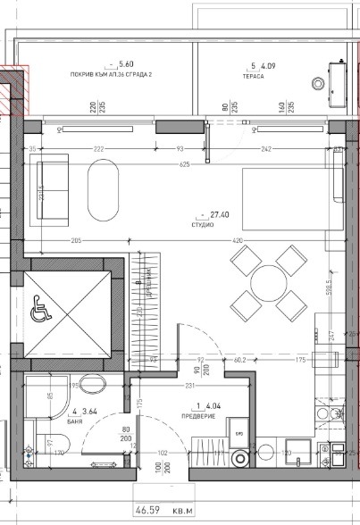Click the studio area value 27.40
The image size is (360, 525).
tap(221, 214)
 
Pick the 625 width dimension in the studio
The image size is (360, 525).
tap(183, 164)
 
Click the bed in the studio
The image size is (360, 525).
tap(288, 197)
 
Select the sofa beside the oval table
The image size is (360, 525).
tap(50, 188)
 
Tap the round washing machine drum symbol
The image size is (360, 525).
tap(239, 459)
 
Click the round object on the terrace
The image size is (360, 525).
tap(319, 83)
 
